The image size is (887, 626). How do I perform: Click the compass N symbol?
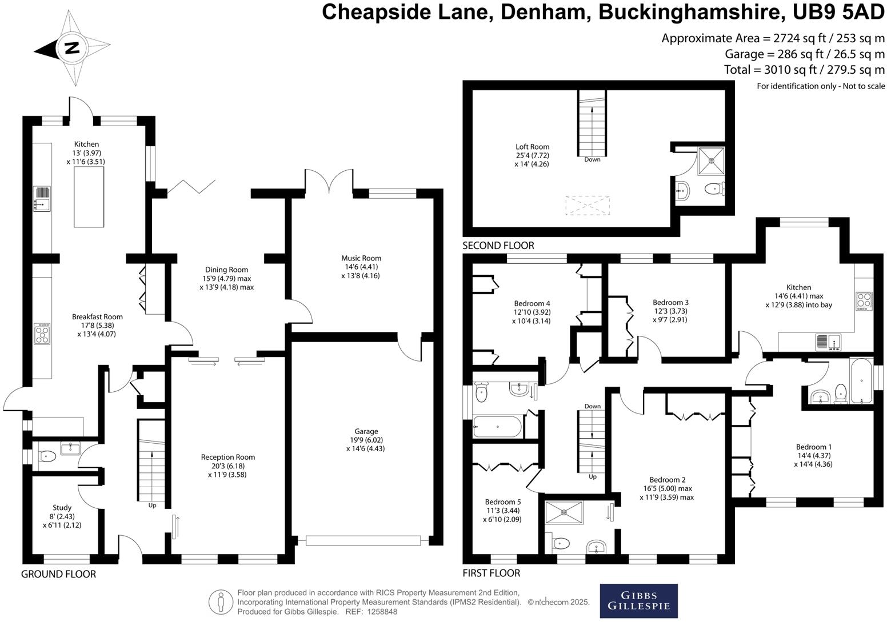pyautogui.click(x=71, y=47)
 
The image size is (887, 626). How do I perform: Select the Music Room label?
pyautogui.click(x=361, y=267)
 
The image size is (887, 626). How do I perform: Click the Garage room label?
pyautogui.click(x=366, y=440)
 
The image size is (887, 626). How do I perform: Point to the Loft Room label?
pyautogui.click(x=532, y=155)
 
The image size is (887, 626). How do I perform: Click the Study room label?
pyautogui.click(x=62, y=516)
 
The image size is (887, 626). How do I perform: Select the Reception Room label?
pyautogui.click(x=227, y=466)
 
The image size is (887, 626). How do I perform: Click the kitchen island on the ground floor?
pyautogui.click(x=89, y=197)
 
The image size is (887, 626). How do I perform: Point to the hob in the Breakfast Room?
pyautogui.click(x=42, y=334)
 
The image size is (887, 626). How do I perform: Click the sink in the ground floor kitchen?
pyautogui.click(x=42, y=199)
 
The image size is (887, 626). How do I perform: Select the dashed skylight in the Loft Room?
pyautogui.click(x=588, y=205)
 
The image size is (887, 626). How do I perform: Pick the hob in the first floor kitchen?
pyautogui.click(x=864, y=300)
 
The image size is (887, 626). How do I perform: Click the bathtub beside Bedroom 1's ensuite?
pyautogui.click(x=861, y=381)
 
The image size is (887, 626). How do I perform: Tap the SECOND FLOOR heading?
pyautogui.click(x=498, y=246)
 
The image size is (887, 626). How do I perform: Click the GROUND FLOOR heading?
pyautogui.click(x=58, y=574)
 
